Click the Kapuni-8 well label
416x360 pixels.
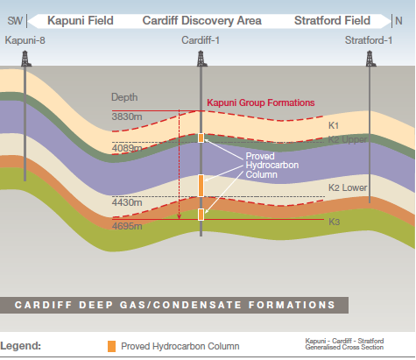pos(25,40)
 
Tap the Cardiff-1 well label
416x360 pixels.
pos(201,40)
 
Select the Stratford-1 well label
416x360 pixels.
pos(369,40)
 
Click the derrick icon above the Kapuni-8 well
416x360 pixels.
pos(25,59)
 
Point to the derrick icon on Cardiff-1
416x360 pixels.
pos(201,59)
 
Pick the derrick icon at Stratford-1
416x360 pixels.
pos(370,59)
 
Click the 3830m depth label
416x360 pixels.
pos(127,116)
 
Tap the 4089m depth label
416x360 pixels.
pos(127,148)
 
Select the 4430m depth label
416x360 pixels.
pos(127,202)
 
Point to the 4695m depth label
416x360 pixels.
pos(127,226)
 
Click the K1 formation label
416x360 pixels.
pos(334,125)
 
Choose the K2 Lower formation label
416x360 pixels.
pos(348,187)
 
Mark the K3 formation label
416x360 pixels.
pos(335,222)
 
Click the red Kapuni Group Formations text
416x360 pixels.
pos(261,102)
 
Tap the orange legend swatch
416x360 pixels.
pos(111,346)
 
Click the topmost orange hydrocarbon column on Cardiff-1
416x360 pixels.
pos(201,138)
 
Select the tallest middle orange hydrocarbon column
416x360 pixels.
pos(201,186)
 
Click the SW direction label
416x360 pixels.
pos(15,21)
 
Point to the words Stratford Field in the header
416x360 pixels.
pos(332,20)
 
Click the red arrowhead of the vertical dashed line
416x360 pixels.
pos(180,216)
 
